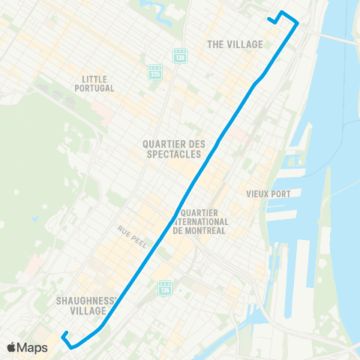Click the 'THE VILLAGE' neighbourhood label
click(235, 44)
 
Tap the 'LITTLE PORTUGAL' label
click(97, 83)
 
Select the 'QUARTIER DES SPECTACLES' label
click(173, 148)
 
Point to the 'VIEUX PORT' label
click(268, 193)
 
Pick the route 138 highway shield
click(179, 57)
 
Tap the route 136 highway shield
click(164, 287)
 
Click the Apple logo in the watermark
click(11, 348)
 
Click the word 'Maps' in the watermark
click(32, 348)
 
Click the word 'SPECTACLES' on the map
click(174, 154)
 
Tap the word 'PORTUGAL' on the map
click(97, 88)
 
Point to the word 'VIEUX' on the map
click(257, 193)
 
